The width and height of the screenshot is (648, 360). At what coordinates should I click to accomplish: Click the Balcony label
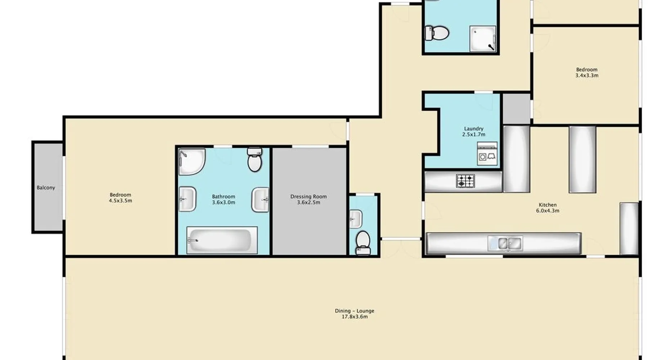tap(46, 188)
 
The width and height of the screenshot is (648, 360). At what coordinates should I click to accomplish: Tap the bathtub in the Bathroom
tap(222, 240)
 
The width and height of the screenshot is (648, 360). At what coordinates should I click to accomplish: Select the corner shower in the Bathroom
tap(192, 162)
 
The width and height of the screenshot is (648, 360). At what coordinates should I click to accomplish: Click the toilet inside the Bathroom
tap(255, 159)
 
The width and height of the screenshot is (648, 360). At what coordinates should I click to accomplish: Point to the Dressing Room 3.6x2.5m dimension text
tap(309, 202)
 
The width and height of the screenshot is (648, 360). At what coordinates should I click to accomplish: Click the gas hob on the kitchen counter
tap(465, 181)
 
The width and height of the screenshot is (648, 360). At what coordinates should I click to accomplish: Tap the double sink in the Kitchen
tap(505, 243)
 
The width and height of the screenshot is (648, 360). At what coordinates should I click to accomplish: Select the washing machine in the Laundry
tap(487, 154)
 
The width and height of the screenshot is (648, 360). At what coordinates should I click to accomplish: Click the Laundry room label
tap(474, 129)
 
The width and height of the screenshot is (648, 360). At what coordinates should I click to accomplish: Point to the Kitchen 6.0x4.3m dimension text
tap(548, 211)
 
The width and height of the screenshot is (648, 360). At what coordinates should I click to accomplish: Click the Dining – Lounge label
tap(355, 311)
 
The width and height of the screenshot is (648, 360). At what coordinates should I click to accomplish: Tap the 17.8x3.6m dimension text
tap(355, 316)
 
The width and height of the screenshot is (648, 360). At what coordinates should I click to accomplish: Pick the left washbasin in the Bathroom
tap(187, 199)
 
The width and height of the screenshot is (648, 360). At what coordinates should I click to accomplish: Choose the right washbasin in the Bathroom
tap(260, 200)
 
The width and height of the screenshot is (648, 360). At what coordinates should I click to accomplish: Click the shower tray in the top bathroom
tap(483, 39)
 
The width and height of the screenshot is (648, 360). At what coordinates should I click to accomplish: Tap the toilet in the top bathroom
tap(437, 33)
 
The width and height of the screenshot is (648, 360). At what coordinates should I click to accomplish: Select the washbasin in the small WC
tap(355, 219)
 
